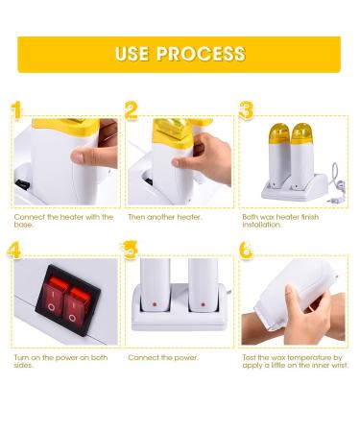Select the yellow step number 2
click(132, 109)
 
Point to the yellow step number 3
click(246, 109)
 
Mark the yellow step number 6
click(246, 252)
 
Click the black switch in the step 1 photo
click(20, 182)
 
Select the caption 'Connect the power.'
click(159, 357)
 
